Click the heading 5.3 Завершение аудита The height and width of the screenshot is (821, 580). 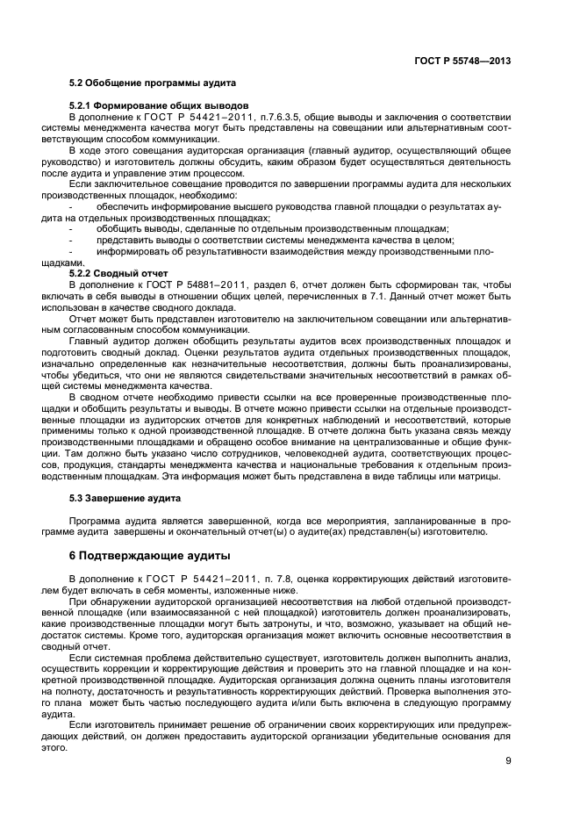[x=125, y=498]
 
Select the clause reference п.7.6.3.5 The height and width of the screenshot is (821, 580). [x=283, y=116]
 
